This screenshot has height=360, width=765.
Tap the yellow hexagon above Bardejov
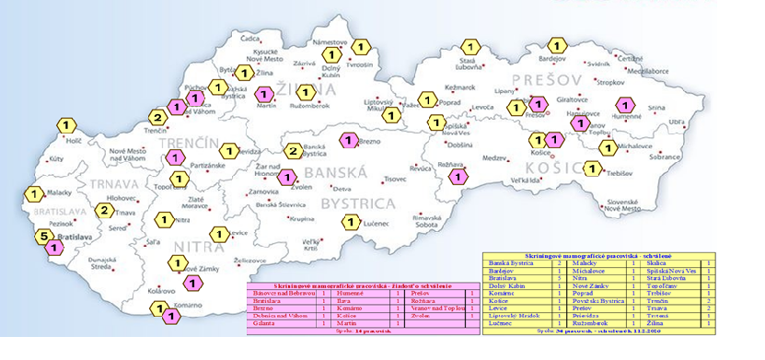[x=557, y=43]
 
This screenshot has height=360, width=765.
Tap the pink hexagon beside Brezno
[x=348, y=140]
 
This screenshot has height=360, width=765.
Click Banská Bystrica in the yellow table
[x=512, y=263]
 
